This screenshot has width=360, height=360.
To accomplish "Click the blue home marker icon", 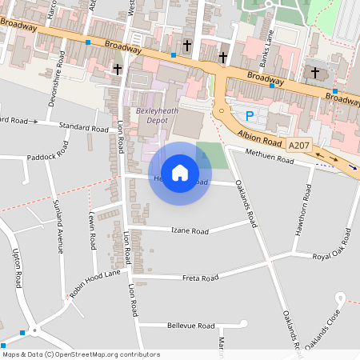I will click(x=180, y=172).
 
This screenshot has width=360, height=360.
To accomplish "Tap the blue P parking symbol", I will click(x=249, y=116).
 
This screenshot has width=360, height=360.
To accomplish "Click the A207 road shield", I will click(x=298, y=145).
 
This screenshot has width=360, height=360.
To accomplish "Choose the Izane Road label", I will click(x=190, y=230).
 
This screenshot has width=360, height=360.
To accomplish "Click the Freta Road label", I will click(x=199, y=278).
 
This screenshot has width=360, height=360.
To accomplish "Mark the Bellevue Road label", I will click(x=191, y=326).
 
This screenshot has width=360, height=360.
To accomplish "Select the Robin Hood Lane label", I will click(x=94, y=283).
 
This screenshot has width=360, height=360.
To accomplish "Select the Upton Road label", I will click(x=16, y=268).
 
